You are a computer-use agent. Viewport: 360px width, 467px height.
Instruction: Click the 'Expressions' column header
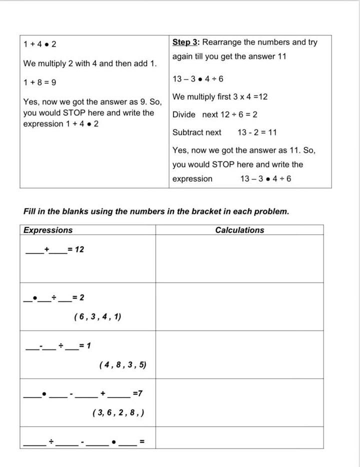(48, 230)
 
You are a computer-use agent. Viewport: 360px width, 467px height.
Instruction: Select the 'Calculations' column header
(239, 230)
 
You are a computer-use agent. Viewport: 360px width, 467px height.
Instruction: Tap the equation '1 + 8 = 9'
(39, 82)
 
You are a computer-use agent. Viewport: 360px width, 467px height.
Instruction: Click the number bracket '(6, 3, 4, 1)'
(97, 316)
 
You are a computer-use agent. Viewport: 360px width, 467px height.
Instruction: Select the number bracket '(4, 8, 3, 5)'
(123, 365)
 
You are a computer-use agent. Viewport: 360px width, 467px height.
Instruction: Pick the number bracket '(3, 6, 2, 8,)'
(118, 413)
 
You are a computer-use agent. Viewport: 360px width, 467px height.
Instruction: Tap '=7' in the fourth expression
(137, 394)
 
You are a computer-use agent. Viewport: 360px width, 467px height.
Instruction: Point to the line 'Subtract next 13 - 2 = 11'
(224, 132)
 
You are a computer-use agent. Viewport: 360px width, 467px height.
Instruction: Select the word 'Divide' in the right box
(184, 114)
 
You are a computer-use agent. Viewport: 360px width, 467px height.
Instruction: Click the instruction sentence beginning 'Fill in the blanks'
(156, 211)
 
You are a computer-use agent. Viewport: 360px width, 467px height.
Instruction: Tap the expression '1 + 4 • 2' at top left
(40, 44)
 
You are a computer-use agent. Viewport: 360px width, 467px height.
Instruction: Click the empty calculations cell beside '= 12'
(239, 258)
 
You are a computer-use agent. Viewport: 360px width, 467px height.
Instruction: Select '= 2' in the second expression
(78, 297)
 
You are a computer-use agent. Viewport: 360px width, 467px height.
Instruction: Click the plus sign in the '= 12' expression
(47, 249)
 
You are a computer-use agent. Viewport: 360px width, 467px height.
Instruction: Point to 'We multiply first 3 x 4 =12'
(220, 96)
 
